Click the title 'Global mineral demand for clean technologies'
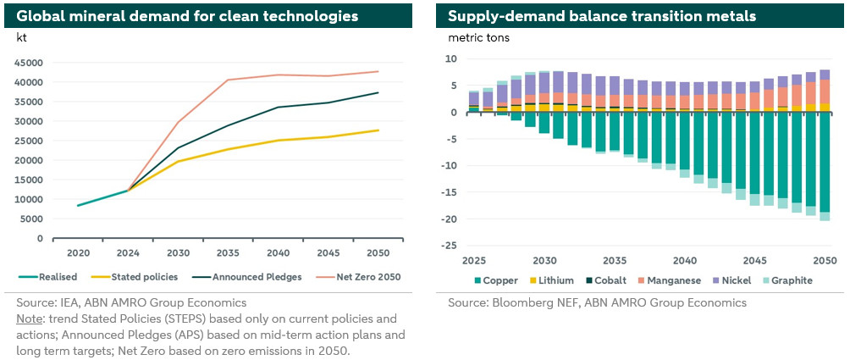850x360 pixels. [x=187, y=16]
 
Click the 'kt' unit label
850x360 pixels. [x=22, y=36]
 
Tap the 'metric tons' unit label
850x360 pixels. [x=478, y=36]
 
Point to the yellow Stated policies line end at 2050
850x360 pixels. [x=378, y=130]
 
